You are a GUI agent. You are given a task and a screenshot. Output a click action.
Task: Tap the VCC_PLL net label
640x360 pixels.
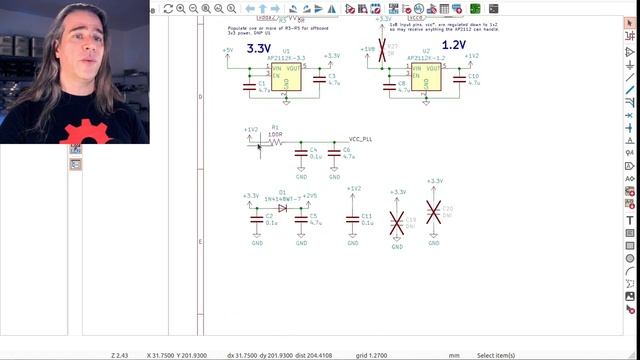(361, 139)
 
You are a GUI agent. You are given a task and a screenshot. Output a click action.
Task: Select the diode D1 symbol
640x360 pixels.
(282, 207)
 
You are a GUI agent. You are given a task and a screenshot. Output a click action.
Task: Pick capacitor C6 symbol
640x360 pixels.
(333, 153)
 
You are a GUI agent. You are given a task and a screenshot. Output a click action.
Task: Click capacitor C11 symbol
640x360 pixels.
(354, 218)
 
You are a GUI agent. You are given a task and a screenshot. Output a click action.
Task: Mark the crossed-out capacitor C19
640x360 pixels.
(398, 220)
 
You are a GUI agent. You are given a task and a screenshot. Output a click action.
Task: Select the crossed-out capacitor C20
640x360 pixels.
(434, 212)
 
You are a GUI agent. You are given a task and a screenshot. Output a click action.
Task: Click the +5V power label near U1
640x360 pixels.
(227, 50)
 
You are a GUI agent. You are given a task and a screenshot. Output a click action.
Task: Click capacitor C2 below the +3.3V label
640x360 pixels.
(257, 218)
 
